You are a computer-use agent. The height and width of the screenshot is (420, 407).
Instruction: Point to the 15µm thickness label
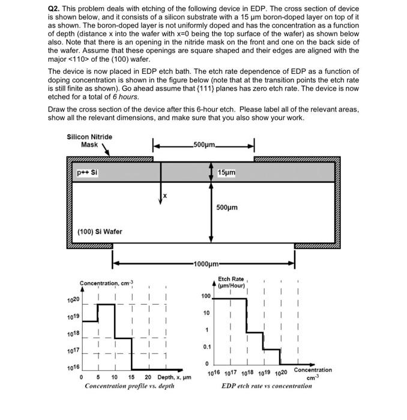[226, 173]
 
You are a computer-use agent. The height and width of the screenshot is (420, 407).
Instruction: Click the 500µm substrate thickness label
[226, 208]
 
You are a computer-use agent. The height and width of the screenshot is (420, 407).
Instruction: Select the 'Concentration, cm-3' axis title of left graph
[107, 283]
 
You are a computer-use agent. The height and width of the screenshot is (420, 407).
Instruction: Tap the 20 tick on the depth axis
[148, 377]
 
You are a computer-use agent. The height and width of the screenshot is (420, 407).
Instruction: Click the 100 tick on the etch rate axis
[205, 296]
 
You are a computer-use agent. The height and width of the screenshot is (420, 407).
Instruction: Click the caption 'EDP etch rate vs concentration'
[267, 386]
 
